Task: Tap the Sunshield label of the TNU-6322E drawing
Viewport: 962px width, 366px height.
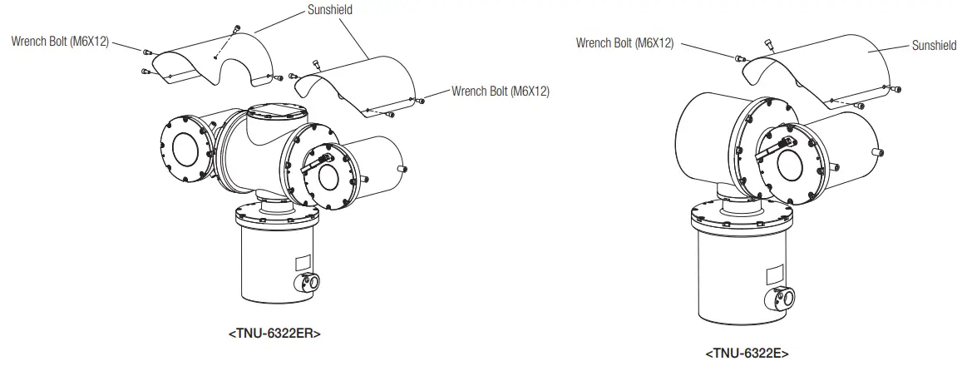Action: click(934, 46)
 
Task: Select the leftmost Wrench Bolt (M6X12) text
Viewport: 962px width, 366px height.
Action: click(60, 39)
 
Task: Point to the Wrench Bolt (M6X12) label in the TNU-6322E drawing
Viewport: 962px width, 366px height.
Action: click(624, 42)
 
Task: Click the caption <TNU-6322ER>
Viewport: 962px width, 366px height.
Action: click(274, 334)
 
